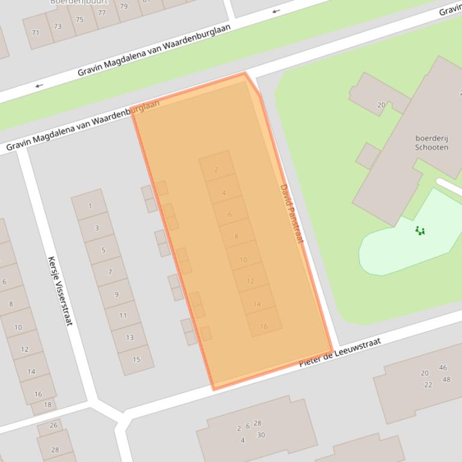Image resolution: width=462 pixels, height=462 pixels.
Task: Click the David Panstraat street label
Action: pyautogui.click(x=291, y=214)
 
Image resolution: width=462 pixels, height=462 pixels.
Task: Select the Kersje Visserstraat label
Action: pyautogui.click(x=59, y=291)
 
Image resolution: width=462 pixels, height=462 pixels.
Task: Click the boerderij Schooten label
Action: pyautogui.click(x=431, y=142)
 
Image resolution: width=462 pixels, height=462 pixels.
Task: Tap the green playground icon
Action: pyautogui.click(x=421, y=230)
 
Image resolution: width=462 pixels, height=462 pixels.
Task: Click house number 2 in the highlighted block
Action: pyautogui.click(x=216, y=170)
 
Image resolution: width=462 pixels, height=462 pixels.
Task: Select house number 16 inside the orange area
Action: pyautogui.click(x=263, y=326)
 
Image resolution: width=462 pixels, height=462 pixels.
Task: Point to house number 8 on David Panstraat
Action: pyautogui.click(x=236, y=236)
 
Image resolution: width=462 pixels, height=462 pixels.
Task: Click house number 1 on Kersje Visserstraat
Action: pyautogui.click(x=90, y=206)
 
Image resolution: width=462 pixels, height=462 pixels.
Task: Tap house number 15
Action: pyautogui.click(x=136, y=359)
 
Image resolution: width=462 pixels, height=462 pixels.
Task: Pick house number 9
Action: pyautogui.click(x=117, y=294)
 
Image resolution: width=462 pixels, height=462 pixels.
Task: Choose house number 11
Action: pyautogui.click(x=123, y=316)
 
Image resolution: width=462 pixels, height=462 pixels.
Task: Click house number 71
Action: pyautogui.click(x=35, y=32)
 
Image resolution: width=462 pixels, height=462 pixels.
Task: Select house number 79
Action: pyautogui.click(x=124, y=7)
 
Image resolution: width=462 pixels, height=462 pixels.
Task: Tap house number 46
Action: pyautogui.click(x=443, y=368)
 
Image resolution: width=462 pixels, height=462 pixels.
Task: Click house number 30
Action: pyautogui.click(x=261, y=435)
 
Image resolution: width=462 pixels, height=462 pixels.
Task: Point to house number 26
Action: pyautogui.click(x=53, y=425)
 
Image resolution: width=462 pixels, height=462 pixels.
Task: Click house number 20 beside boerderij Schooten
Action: pyautogui.click(x=381, y=105)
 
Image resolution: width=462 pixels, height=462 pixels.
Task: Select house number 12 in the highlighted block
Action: pyautogui.click(x=250, y=281)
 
